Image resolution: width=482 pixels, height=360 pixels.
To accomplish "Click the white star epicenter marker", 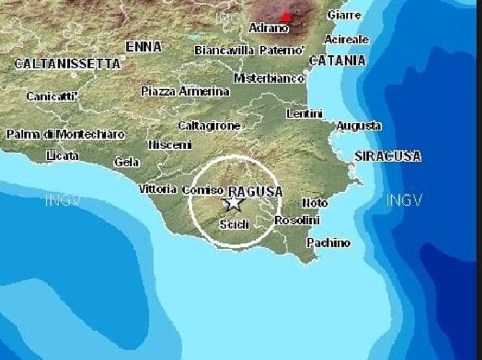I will [x=233, y=203].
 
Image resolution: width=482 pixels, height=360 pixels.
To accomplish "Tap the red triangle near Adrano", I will [x=285, y=16].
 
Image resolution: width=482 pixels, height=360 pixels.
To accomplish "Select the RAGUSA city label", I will [x=255, y=191].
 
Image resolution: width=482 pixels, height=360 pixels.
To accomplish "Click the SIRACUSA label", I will [x=388, y=156].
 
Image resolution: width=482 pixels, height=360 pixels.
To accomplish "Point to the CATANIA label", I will [x=337, y=61].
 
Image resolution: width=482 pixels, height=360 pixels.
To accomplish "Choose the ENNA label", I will [x=143, y=47].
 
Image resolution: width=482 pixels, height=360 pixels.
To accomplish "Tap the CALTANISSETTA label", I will [x=67, y=63].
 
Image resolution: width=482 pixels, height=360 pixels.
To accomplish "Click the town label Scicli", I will [x=234, y=224].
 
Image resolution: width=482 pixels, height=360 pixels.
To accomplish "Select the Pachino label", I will [x=328, y=243].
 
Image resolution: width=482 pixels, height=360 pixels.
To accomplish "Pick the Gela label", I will [x=127, y=162].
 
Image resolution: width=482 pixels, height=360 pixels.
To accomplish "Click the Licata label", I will [x=62, y=155].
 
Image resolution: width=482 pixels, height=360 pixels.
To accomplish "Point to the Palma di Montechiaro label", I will [x=65, y=134].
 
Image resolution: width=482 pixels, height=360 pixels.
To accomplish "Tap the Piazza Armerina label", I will [x=185, y=92].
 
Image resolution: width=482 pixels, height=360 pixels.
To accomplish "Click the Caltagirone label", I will [x=209, y=126].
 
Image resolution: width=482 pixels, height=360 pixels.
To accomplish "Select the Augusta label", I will [x=358, y=126].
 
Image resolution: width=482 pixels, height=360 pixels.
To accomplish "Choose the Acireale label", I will [x=346, y=40].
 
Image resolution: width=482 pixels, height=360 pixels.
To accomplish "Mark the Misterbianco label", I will [x=269, y=78].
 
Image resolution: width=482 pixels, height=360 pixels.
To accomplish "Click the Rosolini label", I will [x=297, y=220].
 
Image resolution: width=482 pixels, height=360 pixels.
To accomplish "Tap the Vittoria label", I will [x=157, y=189].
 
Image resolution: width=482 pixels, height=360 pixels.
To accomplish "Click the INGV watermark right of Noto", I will [x=404, y=199].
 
